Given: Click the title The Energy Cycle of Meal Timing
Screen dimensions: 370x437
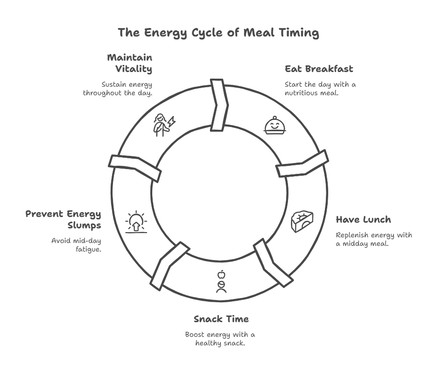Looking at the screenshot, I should pyautogui.click(x=218, y=33).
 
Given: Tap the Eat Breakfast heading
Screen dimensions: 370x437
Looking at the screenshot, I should pyautogui.click(x=319, y=69).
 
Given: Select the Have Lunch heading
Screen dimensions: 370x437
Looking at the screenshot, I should pyautogui.click(x=363, y=220).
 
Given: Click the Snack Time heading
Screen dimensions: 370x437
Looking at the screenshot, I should pyautogui.click(x=221, y=319).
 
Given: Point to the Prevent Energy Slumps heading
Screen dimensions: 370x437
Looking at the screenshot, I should pyautogui.click(x=63, y=219).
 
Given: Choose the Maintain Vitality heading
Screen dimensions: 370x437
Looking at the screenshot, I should pyautogui.click(x=130, y=63).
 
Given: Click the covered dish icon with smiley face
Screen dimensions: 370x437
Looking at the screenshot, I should pyautogui.click(x=274, y=126).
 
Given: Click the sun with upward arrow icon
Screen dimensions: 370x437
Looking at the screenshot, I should pyautogui.click(x=136, y=221).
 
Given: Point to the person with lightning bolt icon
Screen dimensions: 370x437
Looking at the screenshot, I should pyautogui.click(x=163, y=125).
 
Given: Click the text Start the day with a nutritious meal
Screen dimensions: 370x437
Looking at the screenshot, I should pyautogui.click(x=320, y=89).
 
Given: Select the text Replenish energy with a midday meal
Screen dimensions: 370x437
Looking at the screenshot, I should pyautogui.click(x=374, y=239).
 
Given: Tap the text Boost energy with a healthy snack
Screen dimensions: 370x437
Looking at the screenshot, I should pyautogui.click(x=220, y=338).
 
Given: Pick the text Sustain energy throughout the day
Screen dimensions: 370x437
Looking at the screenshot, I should pyautogui.click(x=118, y=89).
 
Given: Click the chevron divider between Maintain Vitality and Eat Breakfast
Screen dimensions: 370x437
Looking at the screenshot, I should pyautogui.click(x=219, y=105).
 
